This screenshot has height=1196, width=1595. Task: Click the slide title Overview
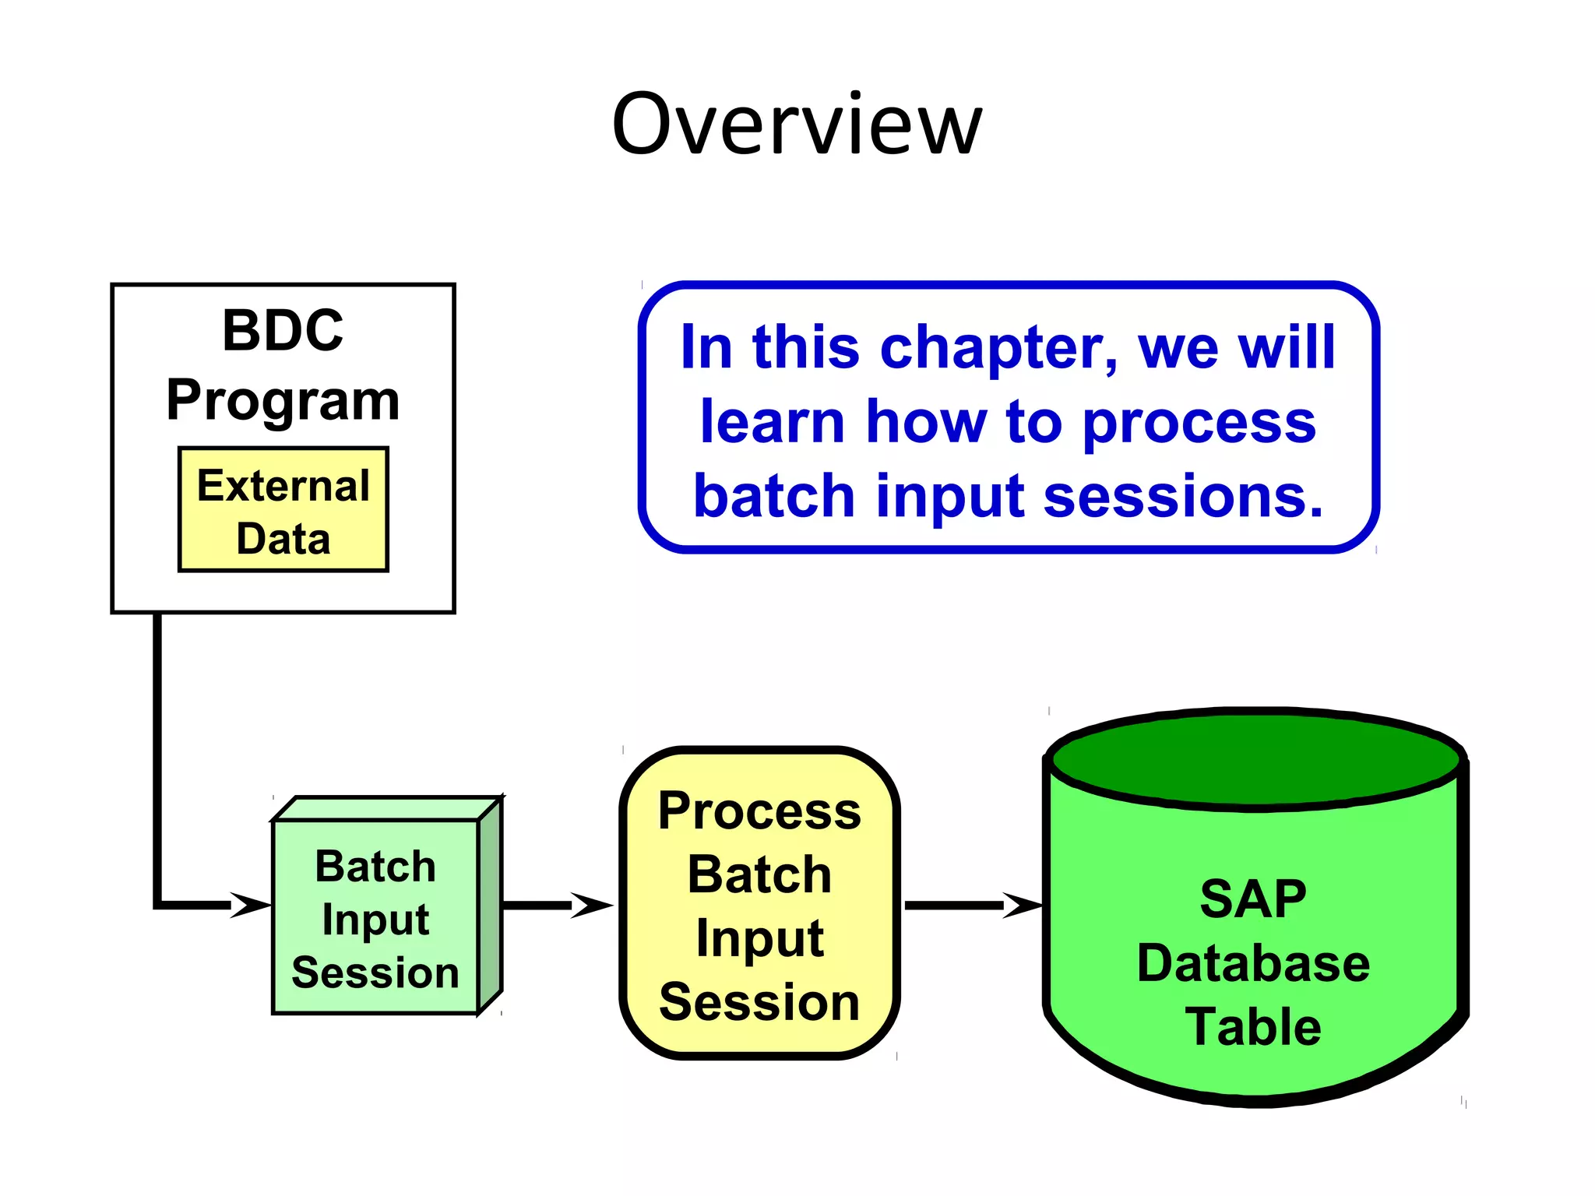coord(797,125)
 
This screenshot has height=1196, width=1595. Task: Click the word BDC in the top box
coord(283,330)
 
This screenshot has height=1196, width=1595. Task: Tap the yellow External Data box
coord(283,511)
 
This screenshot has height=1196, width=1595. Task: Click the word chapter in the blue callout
coord(998,347)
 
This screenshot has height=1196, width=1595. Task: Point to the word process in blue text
coord(1199,423)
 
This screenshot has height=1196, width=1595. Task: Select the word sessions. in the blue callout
coord(1183,497)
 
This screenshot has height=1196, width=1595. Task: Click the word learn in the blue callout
coord(773,423)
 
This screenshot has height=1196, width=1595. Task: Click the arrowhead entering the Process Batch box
coord(592,905)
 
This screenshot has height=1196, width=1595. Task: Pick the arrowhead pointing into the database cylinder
coord(1022,905)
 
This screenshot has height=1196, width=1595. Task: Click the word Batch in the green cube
coord(375,867)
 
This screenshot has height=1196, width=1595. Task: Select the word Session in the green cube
coord(375,973)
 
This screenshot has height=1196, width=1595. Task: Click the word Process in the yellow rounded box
coord(759,811)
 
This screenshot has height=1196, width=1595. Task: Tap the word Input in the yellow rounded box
coord(759,938)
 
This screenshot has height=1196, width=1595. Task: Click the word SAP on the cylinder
coord(1252,899)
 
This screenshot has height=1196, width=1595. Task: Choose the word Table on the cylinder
coord(1252,1027)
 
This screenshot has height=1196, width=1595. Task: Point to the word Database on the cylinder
coord(1252,963)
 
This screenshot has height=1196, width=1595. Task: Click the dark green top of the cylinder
coord(1254,759)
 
